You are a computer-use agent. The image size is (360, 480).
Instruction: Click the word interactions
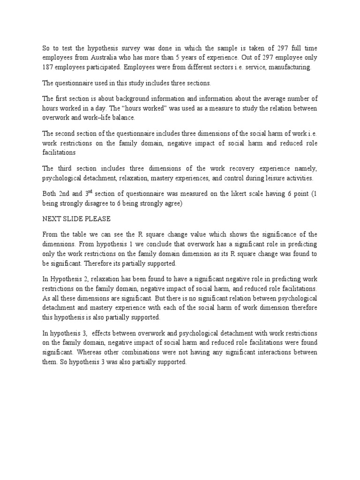click(x=273, y=352)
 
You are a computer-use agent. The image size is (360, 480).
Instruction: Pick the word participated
click(x=105, y=67)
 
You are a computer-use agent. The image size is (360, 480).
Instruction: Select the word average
click(x=271, y=98)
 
